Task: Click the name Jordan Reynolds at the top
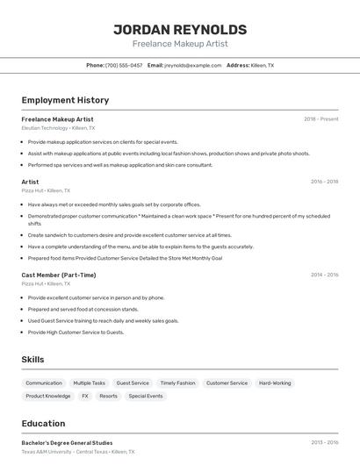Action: click(x=180, y=29)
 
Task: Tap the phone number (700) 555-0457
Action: click(x=124, y=65)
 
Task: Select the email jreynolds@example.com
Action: click(x=193, y=65)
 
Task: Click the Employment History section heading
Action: click(x=65, y=101)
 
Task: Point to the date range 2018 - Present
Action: click(x=321, y=118)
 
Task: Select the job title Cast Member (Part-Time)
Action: click(x=59, y=275)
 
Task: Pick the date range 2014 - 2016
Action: click(x=324, y=275)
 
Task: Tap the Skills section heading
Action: click(x=32, y=360)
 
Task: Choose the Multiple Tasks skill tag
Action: click(x=89, y=383)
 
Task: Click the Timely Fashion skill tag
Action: click(x=177, y=383)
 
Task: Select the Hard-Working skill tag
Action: click(x=275, y=383)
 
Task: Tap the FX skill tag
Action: click(x=85, y=396)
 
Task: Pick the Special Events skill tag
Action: click(x=146, y=396)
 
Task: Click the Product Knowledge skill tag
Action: click(x=48, y=396)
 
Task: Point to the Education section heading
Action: click(x=43, y=424)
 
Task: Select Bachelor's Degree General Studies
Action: click(x=66, y=442)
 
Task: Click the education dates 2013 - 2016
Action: click(x=324, y=442)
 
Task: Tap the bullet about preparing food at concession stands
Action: click(x=83, y=309)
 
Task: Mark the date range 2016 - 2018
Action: click(x=324, y=182)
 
